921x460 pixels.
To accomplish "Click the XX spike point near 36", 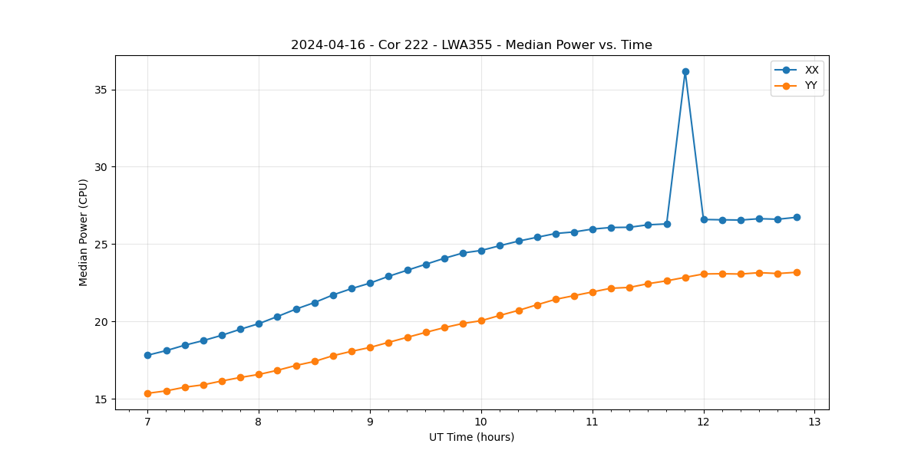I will tap(685, 71).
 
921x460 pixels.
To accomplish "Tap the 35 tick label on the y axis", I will tap(101, 90).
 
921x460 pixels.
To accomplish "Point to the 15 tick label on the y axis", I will tap(101, 399).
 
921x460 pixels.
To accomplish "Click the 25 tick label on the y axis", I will tap(101, 245).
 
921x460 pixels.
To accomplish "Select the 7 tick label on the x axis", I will tap(147, 422).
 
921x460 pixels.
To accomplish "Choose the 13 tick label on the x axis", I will tap(814, 422).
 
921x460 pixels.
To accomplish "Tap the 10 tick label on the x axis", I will tap(481, 422).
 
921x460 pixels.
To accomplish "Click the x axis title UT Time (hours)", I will tap(471, 437).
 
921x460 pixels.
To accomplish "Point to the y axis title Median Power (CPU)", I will tap(84, 232).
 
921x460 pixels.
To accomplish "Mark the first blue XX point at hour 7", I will tap(147, 355).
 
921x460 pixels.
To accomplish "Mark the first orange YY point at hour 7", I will tap(147, 393).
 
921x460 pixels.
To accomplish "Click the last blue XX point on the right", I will tap(797, 217).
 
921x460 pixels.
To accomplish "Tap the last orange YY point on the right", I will tap(797, 272).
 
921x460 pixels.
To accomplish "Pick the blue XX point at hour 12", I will tap(704, 219).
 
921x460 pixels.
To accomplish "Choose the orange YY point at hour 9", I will tap(370, 347).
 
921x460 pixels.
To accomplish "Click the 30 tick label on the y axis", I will tap(101, 167).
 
